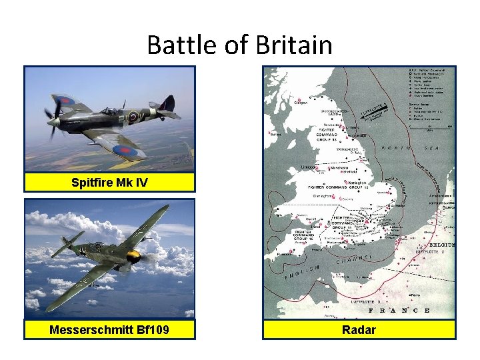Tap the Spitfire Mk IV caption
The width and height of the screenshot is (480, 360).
(110, 182)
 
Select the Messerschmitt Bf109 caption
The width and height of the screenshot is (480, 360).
(110, 329)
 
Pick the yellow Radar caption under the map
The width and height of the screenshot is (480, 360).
(359, 329)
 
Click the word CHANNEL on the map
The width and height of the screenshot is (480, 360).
(353, 259)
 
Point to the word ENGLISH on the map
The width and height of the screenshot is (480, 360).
(302, 271)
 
